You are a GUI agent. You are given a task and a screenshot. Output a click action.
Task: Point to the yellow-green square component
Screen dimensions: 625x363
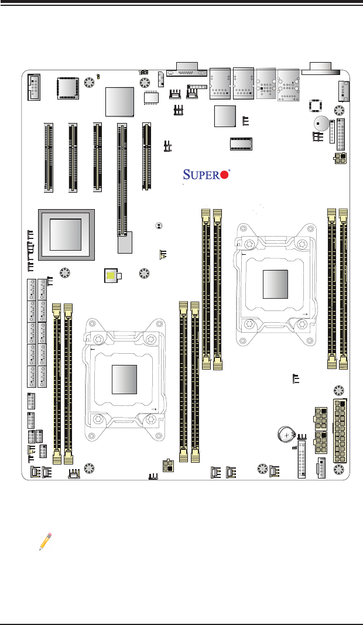pyautogui.click(x=110, y=275)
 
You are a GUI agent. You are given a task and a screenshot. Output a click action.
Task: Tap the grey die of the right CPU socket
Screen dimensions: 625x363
pyautogui.click(x=276, y=284)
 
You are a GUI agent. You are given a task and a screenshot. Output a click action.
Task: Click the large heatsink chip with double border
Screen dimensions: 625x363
pyautogui.click(x=65, y=233)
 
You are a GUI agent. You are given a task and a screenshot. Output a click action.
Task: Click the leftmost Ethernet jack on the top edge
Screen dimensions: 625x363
pyautogui.click(x=220, y=83)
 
